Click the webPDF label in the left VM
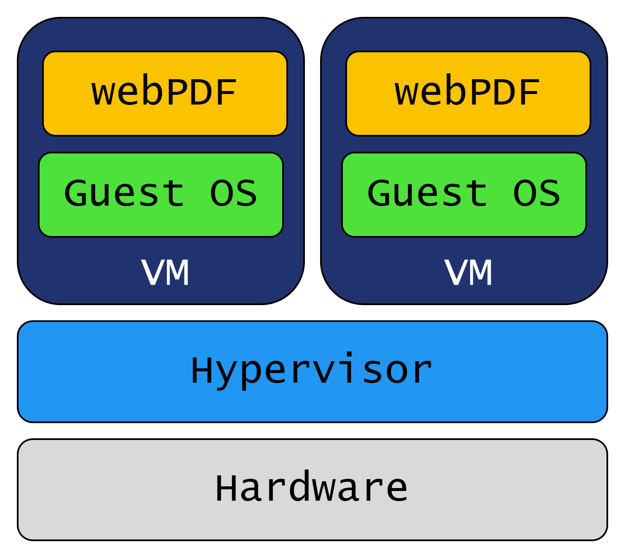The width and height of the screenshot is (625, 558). click(164, 93)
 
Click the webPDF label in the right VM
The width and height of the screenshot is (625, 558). click(467, 93)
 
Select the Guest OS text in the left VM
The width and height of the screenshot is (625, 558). click(160, 193)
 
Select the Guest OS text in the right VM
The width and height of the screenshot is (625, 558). click(464, 193)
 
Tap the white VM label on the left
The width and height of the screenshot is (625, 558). click(165, 273)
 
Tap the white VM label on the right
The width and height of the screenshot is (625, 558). click(468, 273)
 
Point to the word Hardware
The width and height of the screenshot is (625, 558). click(312, 488)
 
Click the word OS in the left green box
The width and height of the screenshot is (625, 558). click(233, 193)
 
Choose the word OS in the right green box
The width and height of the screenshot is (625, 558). click(537, 193)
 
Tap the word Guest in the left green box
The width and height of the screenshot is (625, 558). click(124, 193)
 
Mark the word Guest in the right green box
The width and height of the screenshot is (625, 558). click(427, 193)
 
